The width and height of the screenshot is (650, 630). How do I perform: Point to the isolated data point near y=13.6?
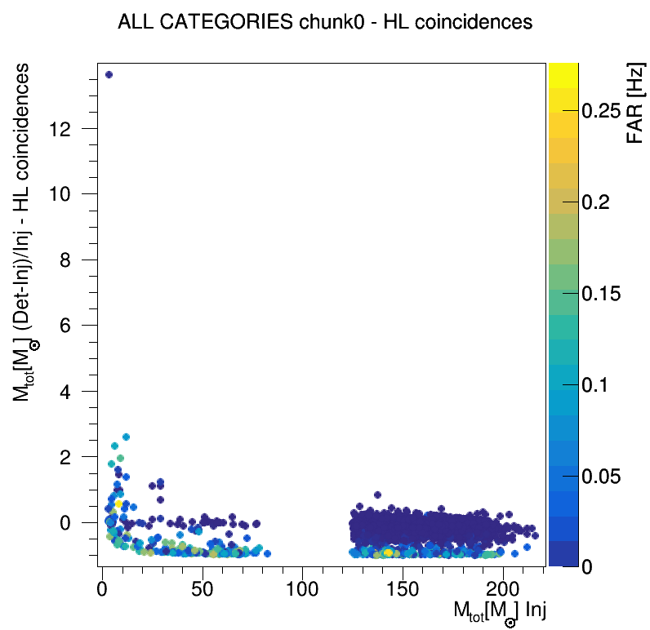[x=109, y=74]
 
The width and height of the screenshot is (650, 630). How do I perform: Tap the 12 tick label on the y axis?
[x=70, y=129]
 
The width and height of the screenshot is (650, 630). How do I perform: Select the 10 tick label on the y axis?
[x=70, y=194]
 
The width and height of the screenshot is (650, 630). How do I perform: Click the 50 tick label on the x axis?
[x=202, y=588]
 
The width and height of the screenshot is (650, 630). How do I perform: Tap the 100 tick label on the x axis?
[x=302, y=588]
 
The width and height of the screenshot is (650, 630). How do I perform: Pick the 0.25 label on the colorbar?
[x=607, y=112]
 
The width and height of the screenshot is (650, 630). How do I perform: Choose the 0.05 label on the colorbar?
[x=607, y=476]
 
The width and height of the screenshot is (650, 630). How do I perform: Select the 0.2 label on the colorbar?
[x=601, y=203]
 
